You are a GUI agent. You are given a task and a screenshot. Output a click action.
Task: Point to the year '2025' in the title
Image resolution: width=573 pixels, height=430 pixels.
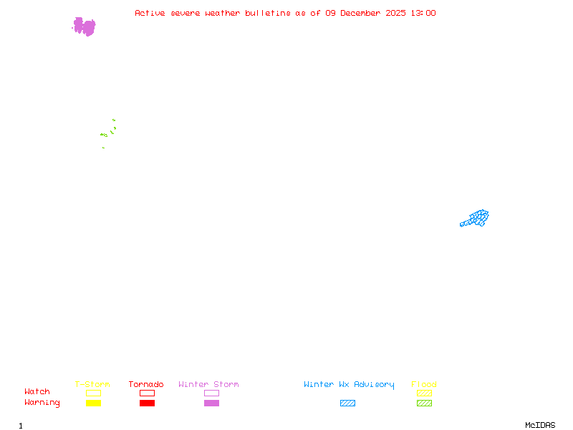(396, 13)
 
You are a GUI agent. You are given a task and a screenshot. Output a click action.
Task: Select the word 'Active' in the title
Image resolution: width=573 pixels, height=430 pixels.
(150, 13)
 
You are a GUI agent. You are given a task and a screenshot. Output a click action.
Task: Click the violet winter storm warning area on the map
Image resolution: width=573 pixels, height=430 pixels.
(85, 27)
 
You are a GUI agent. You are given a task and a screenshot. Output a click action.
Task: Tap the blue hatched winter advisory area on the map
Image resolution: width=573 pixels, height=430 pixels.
(476, 218)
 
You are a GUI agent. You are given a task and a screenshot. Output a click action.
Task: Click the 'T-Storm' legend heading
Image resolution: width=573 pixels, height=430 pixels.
(92, 384)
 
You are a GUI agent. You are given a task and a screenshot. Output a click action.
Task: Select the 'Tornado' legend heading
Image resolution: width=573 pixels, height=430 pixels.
(146, 384)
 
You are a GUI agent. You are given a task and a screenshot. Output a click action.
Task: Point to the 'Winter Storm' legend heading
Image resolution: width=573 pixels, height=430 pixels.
(208, 384)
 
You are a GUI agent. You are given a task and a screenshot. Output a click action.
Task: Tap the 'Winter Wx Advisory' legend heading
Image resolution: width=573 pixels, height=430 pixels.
(349, 384)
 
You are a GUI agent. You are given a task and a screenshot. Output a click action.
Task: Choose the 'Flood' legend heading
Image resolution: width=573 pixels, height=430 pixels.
(424, 384)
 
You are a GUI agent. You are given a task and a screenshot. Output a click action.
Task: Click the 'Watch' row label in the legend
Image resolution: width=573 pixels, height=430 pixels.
(37, 392)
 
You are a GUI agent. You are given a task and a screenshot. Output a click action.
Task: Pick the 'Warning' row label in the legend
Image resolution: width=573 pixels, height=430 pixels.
(42, 403)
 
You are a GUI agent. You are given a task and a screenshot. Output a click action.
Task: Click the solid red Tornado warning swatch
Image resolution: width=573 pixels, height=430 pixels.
(147, 403)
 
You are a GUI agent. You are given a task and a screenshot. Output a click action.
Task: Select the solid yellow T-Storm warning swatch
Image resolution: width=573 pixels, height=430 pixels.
(93, 403)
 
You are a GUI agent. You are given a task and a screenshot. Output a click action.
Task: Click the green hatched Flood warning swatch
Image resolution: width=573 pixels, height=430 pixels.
(424, 403)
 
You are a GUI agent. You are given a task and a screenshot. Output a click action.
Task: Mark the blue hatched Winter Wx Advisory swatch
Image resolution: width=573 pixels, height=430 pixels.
(347, 403)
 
